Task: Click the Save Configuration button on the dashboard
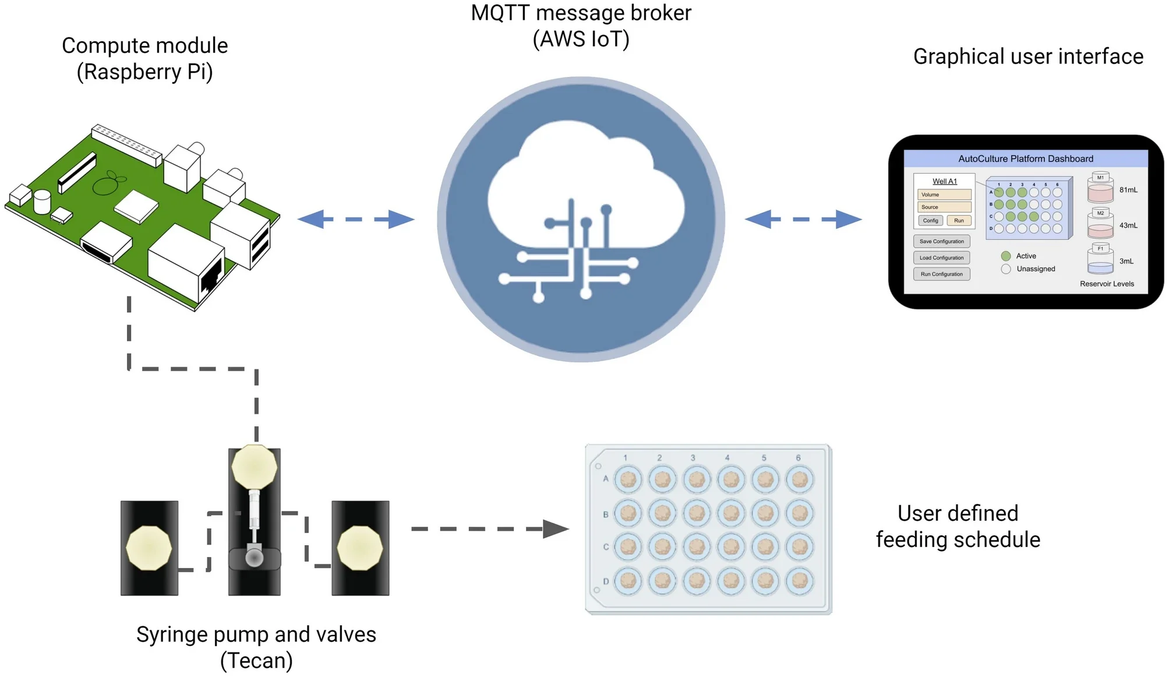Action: pyautogui.click(x=941, y=241)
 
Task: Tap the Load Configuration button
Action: pyautogui.click(x=941, y=258)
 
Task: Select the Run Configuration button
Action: pyautogui.click(x=941, y=274)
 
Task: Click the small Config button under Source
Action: pyautogui.click(x=930, y=220)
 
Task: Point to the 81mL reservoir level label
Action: pyautogui.click(x=1128, y=190)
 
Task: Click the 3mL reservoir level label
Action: pyautogui.click(x=1126, y=261)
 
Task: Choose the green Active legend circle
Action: pyautogui.click(x=1006, y=256)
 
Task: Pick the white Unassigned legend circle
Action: pyautogui.click(x=1006, y=269)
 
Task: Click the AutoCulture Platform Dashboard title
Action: pyautogui.click(x=1026, y=158)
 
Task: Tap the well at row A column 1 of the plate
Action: pyautogui.click(x=628, y=479)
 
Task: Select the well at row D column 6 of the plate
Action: pyautogui.click(x=800, y=580)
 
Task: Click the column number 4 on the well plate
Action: pyautogui.click(x=727, y=458)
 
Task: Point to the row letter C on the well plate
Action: pyautogui.click(x=606, y=547)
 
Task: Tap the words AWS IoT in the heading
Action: pyautogui.click(x=581, y=40)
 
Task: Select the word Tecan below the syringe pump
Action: pyautogui.click(x=256, y=661)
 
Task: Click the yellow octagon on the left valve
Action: pyautogui.click(x=149, y=548)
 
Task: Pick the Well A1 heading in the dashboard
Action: pyautogui.click(x=944, y=181)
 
